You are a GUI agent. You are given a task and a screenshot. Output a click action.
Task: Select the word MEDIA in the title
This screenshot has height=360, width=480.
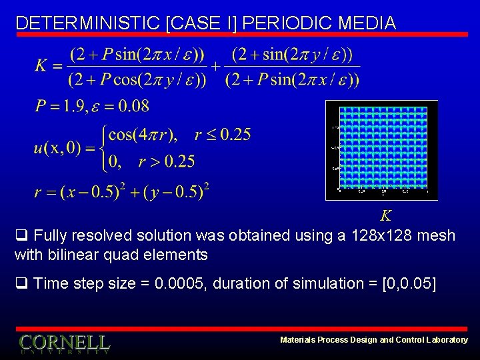tap(367, 23)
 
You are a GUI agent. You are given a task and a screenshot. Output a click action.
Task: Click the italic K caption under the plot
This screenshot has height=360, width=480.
tap(385, 215)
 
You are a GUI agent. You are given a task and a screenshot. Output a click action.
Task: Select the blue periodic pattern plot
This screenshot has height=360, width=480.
tap(381, 150)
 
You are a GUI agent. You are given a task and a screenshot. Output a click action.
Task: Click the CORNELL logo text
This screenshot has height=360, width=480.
tap(64, 343)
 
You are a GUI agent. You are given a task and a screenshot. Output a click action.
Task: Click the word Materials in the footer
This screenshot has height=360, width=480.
tap(299, 340)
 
